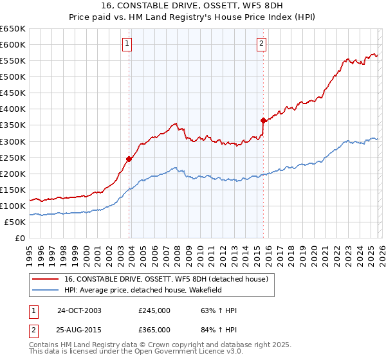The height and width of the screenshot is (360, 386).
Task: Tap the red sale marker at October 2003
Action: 129,159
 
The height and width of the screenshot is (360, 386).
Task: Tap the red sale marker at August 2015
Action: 263,120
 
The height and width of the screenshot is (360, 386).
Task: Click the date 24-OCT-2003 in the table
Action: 79,310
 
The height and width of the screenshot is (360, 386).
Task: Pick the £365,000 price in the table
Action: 154,329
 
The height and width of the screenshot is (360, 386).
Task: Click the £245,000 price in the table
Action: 154,310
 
